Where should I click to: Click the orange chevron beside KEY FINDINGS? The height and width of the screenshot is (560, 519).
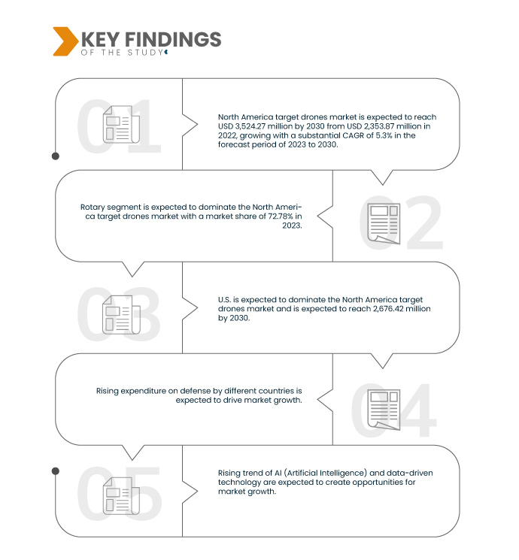coord(65,41)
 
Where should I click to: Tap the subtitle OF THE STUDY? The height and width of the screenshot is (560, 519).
coord(122,53)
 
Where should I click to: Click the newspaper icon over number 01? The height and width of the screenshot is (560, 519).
coord(121,124)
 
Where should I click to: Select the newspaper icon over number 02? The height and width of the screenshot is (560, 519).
coord(384,223)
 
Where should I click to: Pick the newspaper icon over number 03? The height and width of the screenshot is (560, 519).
coord(121,315)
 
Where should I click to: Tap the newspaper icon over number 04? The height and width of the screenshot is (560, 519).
coord(384,410)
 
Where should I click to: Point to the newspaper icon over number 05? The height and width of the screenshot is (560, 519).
coord(121,495)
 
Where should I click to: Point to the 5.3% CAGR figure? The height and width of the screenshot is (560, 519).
coord(384,135)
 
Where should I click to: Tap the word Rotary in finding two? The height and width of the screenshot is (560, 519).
coord(93,207)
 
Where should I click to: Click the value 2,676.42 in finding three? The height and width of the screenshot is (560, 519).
coord(388,309)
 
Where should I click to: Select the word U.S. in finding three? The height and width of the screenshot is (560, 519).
coord(224,300)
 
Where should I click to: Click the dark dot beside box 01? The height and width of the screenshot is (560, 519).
coord(56,156)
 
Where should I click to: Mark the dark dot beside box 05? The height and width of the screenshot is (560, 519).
coord(56,471)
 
